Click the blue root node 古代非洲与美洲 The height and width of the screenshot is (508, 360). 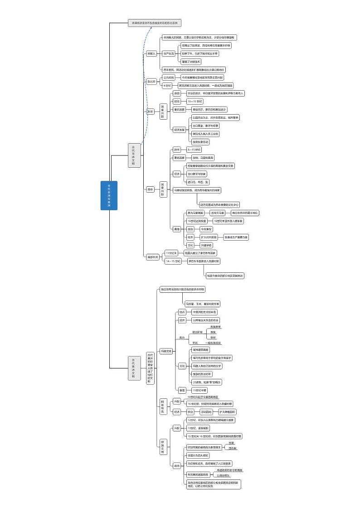(x=109, y=195)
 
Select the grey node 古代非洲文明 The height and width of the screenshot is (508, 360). (x=134, y=155)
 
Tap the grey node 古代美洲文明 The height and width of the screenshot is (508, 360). (x=134, y=368)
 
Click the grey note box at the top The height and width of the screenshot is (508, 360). (x=155, y=22)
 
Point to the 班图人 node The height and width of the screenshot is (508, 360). (x=151, y=53)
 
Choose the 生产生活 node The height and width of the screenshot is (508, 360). (x=169, y=53)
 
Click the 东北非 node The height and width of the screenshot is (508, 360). (x=151, y=82)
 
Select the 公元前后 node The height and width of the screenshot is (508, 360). (x=169, y=77)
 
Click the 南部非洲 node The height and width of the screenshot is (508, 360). (x=153, y=257)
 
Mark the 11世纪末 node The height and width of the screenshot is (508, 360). (x=171, y=253)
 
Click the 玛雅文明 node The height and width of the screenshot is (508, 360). (x=166, y=351)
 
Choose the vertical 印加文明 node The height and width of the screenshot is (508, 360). (x=163, y=446)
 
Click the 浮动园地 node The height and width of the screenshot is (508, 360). (x=206, y=412)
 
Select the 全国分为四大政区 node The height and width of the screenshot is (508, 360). (x=199, y=455)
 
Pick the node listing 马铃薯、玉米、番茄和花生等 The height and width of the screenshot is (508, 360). (x=202, y=304)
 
